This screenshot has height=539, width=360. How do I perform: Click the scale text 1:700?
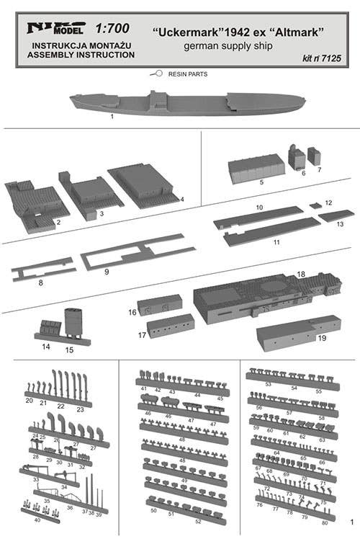112,29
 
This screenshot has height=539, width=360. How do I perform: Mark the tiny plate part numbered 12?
315,205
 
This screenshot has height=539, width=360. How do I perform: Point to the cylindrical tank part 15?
73,321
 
